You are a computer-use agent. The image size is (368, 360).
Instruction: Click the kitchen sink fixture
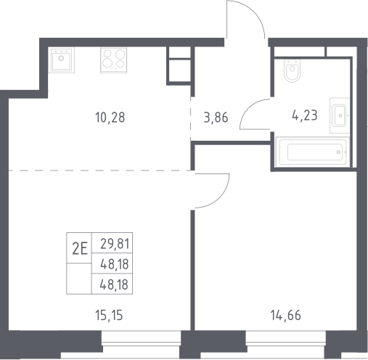pos(61,60)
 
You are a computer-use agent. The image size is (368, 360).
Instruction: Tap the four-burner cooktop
pos(114,60)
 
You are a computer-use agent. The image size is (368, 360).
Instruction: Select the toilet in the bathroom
pos(293,70)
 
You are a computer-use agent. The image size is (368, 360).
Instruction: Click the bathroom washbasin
pos(340,115)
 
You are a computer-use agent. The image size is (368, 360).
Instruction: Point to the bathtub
pos(313,152)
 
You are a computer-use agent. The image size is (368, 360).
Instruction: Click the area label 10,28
pos(110,118)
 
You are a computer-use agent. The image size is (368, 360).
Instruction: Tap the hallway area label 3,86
pos(216,118)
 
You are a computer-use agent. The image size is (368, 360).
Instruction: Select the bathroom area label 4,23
pos(305,115)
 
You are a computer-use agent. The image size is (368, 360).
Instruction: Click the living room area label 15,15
pos(109,316)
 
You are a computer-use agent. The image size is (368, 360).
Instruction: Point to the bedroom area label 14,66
pos(285,316)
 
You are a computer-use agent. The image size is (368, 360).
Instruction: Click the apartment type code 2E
pos(80,249)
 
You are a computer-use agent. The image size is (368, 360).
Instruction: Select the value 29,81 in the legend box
pos(115,244)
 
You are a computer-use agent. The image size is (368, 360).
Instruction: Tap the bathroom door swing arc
pos(249,107)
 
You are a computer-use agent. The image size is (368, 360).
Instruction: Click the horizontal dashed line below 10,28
pos(99,171)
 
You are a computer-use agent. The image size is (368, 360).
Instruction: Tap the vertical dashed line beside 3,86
pos(191,119)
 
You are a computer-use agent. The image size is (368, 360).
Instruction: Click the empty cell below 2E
pos(79,279)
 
